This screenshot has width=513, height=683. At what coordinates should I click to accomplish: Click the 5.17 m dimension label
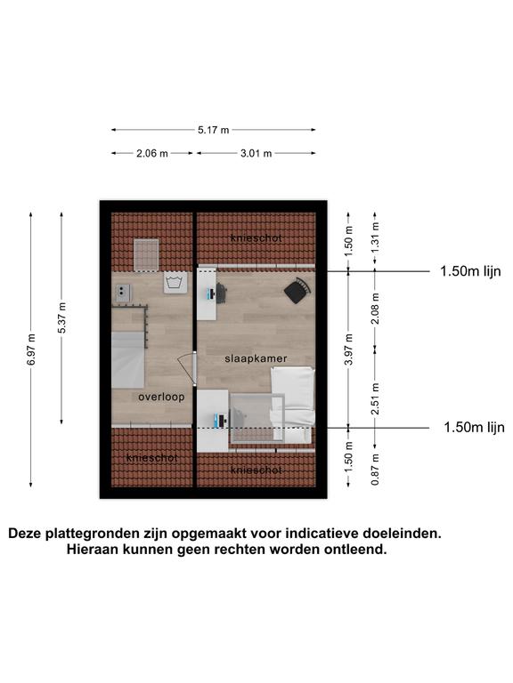click(x=214, y=130)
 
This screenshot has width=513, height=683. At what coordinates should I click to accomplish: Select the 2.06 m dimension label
click(x=151, y=153)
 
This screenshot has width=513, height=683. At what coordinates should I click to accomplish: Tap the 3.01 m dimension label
click(x=256, y=153)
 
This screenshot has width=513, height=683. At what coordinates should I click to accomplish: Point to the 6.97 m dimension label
click(x=31, y=350)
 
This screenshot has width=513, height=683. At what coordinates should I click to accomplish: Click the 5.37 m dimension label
click(x=61, y=318)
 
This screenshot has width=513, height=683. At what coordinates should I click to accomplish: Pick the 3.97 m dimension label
click(x=348, y=350)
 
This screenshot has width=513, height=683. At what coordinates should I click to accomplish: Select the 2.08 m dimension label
click(x=375, y=309)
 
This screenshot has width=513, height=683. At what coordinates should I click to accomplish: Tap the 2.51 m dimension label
click(x=375, y=398)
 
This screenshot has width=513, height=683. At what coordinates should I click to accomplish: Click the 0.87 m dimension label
click(x=375, y=470)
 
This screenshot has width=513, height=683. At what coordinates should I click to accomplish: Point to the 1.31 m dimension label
click(x=375, y=237)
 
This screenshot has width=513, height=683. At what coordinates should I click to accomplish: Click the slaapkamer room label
click(x=256, y=358)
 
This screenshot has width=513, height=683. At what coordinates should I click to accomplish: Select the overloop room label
click(x=161, y=397)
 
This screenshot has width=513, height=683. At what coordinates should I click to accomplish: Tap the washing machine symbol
click(x=175, y=282)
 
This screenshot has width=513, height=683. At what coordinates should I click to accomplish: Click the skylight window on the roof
click(x=146, y=255)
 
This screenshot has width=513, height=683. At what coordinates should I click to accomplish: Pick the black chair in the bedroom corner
click(x=298, y=291)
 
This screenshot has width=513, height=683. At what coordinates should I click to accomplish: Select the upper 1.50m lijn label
click(x=470, y=271)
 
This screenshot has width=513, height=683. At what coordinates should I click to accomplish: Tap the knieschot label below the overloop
click(x=151, y=458)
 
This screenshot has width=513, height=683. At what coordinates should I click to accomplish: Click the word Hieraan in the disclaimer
click(x=93, y=550)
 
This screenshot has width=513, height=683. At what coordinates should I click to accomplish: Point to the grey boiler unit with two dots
click(x=124, y=293)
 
